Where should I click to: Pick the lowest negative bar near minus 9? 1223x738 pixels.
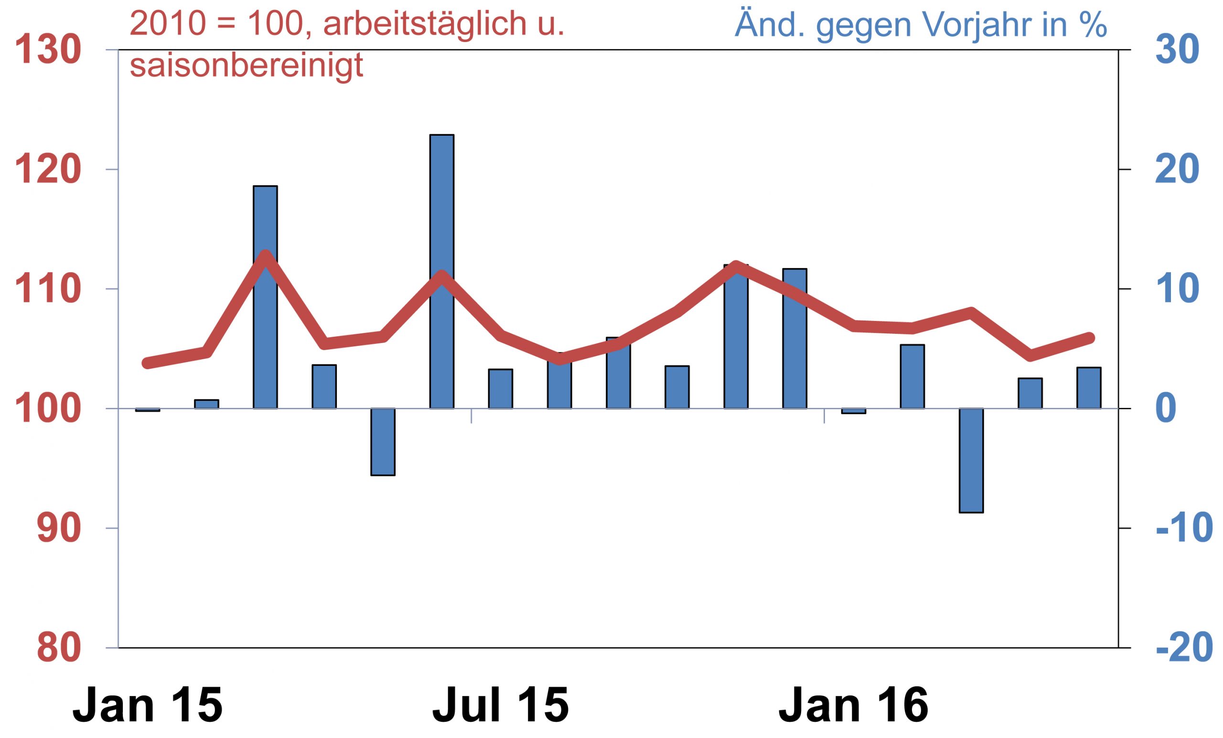point(971,460)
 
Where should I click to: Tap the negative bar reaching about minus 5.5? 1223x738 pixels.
point(383,442)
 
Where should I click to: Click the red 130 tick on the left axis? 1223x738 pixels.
point(48,51)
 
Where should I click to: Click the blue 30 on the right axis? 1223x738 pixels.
point(1177,51)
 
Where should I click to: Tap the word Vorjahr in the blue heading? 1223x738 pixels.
point(980,25)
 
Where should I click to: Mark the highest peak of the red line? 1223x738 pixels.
point(266,256)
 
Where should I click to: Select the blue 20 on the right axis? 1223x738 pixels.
point(1177,170)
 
